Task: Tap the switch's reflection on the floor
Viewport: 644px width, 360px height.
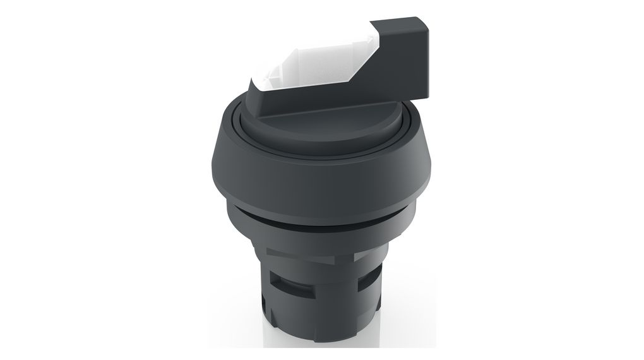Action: (x=322, y=351)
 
